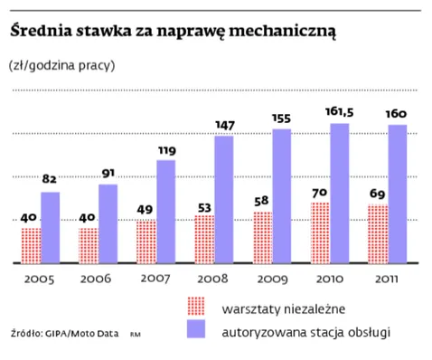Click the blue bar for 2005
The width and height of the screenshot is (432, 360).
click(51, 227)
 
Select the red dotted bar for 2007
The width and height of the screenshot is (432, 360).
click(146, 242)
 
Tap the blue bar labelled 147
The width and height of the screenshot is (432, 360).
click(224, 199)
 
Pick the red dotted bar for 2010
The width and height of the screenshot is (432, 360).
click(320, 232)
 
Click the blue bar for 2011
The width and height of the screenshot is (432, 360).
click(397, 194)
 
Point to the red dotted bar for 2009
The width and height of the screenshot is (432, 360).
click(263, 237)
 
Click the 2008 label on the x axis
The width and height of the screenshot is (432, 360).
click(214, 279)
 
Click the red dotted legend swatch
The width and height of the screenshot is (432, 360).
click(197, 305)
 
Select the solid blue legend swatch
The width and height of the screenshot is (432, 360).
click(197, 330)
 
